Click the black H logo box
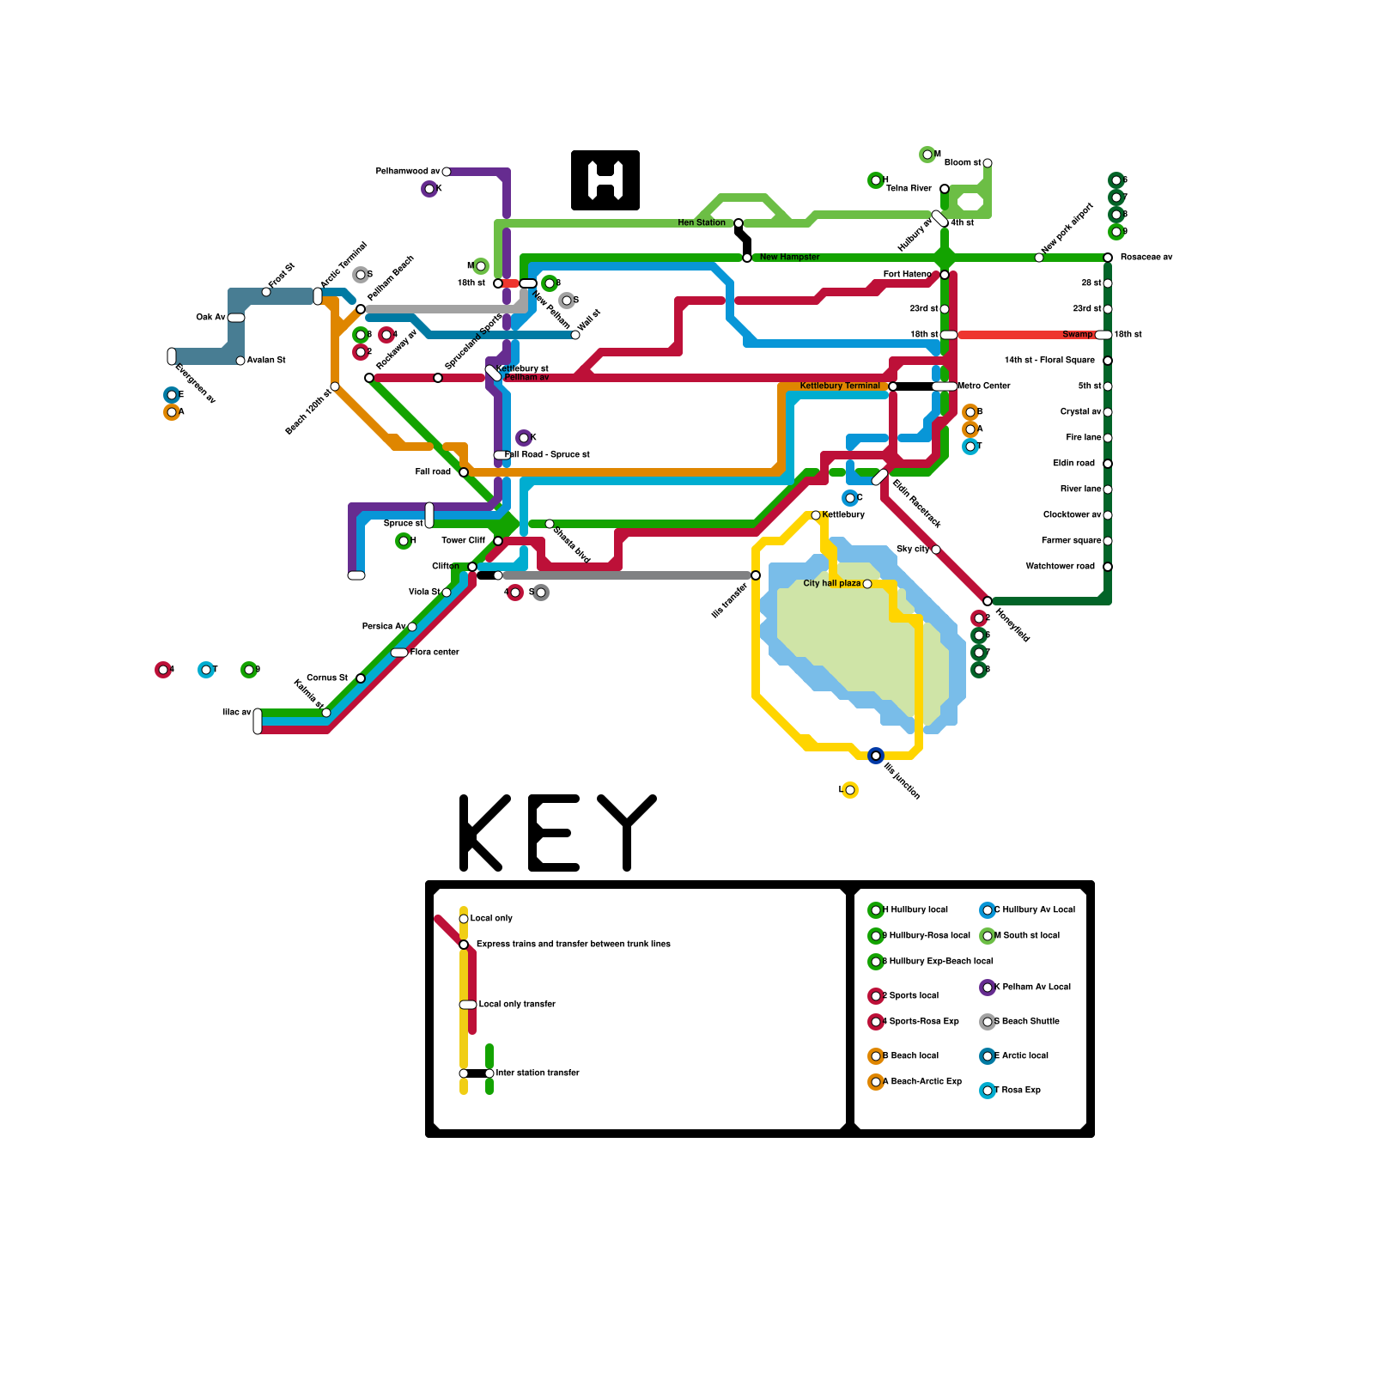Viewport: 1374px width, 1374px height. click(x=605, y=180)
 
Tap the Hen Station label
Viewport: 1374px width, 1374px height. click(x=701, y=223)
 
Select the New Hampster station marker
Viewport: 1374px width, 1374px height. click(x=747, y=258)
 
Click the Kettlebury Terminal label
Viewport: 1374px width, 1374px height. click(x=839, y=386)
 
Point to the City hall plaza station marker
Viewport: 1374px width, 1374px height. click(x=867, y=584)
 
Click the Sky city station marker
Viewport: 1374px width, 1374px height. click(x=936, y=550)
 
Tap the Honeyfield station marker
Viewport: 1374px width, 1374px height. click(x=988, y=601)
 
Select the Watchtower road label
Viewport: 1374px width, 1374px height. click(x=1060, y=567)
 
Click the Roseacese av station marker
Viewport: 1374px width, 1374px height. click(x=1108, y=258)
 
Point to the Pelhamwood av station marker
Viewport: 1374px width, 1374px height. click(x=447, y=172)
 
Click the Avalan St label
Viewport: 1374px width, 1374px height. click(x=266, y=361)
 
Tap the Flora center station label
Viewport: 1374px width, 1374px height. click(x=435, y=653)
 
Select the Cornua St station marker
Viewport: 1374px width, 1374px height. click(x=361, y=678)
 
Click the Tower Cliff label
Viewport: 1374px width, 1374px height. click(x=463, y=541)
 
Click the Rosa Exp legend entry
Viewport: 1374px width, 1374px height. click(x=1021, y=1091)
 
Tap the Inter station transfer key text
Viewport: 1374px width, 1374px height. click(x=538, y=1073)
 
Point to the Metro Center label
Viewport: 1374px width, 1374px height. click(x=984, y=386)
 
